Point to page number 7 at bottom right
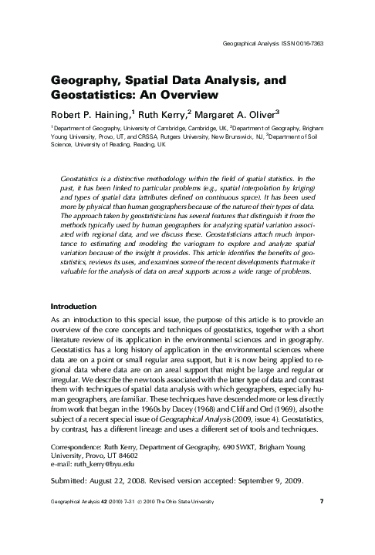tap(320, 524)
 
